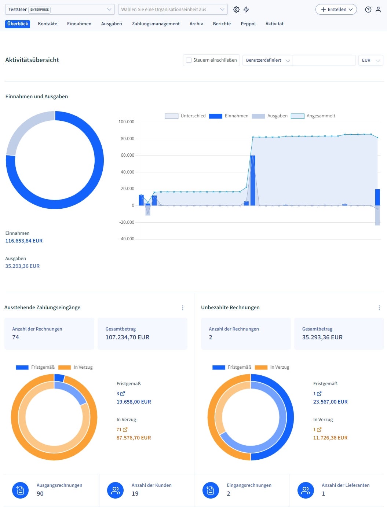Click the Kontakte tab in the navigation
tap(47, 24)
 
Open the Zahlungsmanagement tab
tap(156, 24)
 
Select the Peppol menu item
tap(248, 24)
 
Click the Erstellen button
tap(336, 10)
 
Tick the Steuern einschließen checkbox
tap(189, 60)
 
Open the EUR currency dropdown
tap(370, 60)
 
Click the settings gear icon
tap(236, 10)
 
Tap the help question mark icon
tap(368, 10)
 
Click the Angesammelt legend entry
tap(313, 116)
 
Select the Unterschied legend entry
tap(185, 116)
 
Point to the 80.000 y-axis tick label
tap(127, 139)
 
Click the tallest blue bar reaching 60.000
tap(253, 180)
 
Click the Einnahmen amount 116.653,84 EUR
tap(24, 241)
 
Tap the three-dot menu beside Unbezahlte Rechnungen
tap(379, 308)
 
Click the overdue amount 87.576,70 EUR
tap(134, 438)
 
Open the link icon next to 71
tap(125, 430)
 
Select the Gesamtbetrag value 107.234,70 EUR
tap(127, 338)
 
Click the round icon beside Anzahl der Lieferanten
tap(306, 490)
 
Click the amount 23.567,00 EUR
tap(330, 402)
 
